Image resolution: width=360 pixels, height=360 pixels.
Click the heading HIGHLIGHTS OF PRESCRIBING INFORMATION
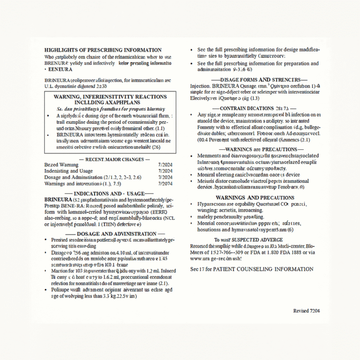click(103, 50)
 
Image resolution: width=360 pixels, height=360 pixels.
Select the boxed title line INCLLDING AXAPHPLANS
click(110, 103)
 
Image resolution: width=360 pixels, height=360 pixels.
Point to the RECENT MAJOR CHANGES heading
click(114, 159)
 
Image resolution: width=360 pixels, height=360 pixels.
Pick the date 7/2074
click(165, 183)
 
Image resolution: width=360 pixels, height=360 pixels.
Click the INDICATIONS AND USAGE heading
click(114, 193)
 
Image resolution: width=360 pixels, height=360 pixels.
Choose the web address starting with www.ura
click(216, 259)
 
